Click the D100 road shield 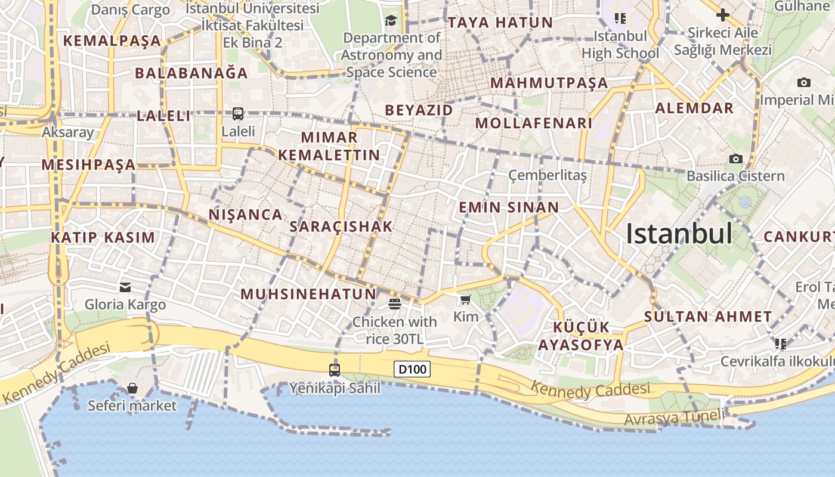(412, 369)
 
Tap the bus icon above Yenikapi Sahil (335, 370)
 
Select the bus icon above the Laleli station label (238, 113)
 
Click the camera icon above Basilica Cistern (736, 159)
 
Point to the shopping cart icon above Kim (466, 299)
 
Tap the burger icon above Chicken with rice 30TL (394, 304)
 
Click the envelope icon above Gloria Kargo (125, 287)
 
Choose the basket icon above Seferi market (132, 389)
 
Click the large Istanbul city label (679, 233)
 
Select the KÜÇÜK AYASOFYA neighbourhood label (581, 336)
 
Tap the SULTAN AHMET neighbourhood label (708, 317)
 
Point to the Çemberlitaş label (548, 175)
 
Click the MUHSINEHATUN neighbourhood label (308, 293)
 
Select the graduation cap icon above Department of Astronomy (391, 21)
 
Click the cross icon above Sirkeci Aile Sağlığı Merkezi (723, 14)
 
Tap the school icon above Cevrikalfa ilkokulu (780, 343)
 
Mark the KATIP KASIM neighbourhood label (103, 237)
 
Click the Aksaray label (68, 132)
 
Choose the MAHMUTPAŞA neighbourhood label (549, 83)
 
